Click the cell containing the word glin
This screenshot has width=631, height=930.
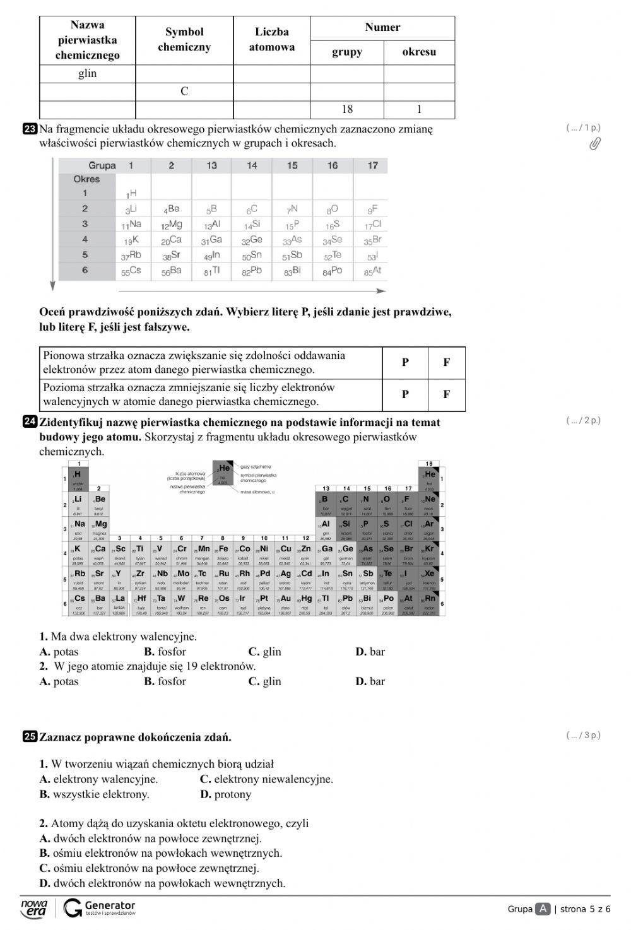tap(87, 74)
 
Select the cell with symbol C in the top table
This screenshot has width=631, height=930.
tap(184, 91)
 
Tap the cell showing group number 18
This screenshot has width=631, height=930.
tap(347, 109)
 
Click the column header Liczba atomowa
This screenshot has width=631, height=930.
tap(271, 40)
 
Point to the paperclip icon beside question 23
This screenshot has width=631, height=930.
tap(594, 144)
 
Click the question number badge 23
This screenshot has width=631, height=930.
tap(30, 129)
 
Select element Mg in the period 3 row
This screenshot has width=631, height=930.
tap(171, 225)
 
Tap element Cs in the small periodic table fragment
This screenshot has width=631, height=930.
tap(131, 271)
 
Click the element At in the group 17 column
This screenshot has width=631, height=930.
tap(372, 271)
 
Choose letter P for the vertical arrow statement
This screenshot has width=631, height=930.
tap(405, 362)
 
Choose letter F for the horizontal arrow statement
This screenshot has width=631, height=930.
tap(446, 394)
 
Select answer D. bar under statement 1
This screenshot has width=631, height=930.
tap(370, 652)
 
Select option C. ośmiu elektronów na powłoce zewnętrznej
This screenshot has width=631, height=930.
tap(149, 868)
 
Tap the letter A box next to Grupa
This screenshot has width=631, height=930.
tap(543, 909)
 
